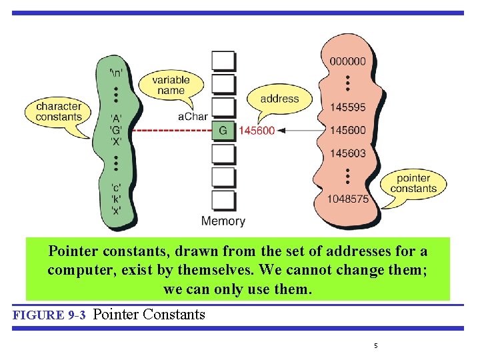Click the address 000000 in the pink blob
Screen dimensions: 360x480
[x=347, y=61]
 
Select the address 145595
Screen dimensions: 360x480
[x=347, y=107]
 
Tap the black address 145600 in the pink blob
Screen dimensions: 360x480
[x=347, y=131]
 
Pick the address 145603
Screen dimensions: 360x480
[x=347, y=153]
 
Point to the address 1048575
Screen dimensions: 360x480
[x=347, y=199]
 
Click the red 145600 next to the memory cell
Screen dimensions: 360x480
[x=256, y=131]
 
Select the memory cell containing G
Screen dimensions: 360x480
[x=223, y=131]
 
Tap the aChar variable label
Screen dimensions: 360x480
[x=193, y=117]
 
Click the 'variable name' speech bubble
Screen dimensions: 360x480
[x=171, y=85]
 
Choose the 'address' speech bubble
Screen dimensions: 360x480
[x=279, y=99]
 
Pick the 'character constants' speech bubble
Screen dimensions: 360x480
[x=59, y=111]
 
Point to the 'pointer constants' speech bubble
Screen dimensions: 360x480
[x=413, y=183]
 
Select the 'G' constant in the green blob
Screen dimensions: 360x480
[x=116, y=130]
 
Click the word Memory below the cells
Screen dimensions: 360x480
[x=223, y=221]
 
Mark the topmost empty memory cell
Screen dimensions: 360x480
[x=223, y=61]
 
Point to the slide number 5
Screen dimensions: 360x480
[x=375, y=345]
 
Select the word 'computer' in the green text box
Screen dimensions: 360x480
[x=77, y=271]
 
